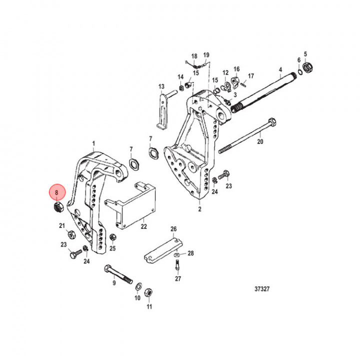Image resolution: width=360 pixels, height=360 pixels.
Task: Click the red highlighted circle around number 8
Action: tap(56, 192)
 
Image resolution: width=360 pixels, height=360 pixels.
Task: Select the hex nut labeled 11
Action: tap(148, 292)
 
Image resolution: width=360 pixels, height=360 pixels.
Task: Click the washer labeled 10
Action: tap(137, 287)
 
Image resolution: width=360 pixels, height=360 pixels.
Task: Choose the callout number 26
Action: tap(173, 229)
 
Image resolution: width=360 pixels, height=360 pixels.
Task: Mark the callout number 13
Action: tap(161, 86)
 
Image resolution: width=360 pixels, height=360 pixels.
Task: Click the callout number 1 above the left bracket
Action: tap(93, 143)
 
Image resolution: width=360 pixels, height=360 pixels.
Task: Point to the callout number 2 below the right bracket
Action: tap(199, 210)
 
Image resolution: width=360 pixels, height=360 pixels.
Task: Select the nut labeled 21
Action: tap(71, 234)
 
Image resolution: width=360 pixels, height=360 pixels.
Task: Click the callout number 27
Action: tap(177, 279)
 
